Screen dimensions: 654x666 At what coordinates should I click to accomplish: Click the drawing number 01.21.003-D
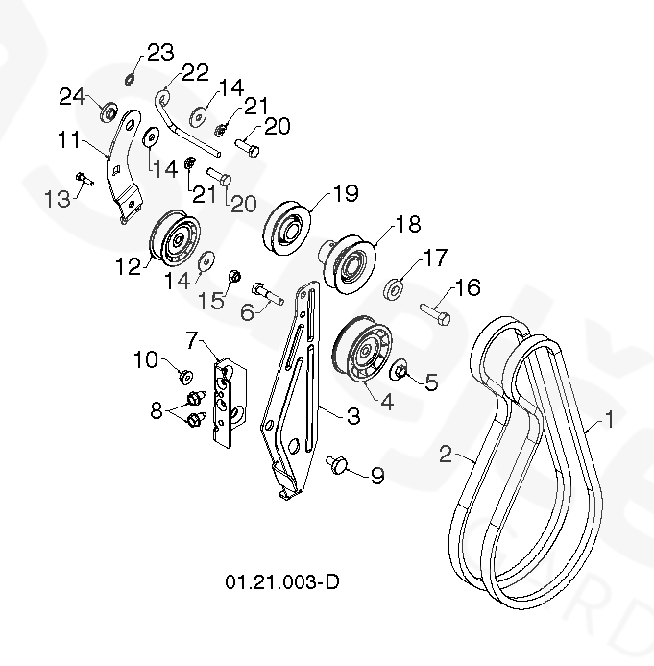282,582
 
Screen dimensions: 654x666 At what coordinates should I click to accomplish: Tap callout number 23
159,51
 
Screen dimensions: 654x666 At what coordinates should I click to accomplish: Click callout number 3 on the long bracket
327,415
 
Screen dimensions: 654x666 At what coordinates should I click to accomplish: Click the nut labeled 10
185,375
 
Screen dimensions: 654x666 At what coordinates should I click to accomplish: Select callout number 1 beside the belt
607,419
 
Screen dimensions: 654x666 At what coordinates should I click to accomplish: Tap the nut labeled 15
233,279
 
